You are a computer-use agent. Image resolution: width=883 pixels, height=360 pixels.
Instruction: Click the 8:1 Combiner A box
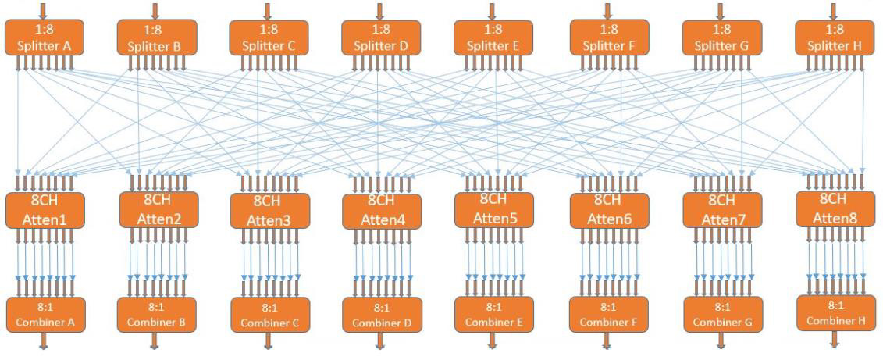(45, 315)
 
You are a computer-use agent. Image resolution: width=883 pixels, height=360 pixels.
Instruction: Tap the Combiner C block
(269, 315)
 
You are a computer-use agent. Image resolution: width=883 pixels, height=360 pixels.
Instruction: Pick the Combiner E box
(494, 315)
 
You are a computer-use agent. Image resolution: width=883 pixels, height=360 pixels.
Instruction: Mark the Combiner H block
(835, 312)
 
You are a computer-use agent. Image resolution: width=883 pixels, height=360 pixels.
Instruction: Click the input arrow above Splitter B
(155, 10)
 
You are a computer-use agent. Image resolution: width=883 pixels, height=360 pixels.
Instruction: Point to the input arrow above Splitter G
(721, 10)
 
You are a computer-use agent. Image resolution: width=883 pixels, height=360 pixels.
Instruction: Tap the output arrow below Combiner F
(607, 340)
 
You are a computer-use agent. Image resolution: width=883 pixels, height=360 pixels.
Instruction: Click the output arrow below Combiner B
(155, 340)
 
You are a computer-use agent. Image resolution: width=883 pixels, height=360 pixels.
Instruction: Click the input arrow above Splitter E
(492, 10)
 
